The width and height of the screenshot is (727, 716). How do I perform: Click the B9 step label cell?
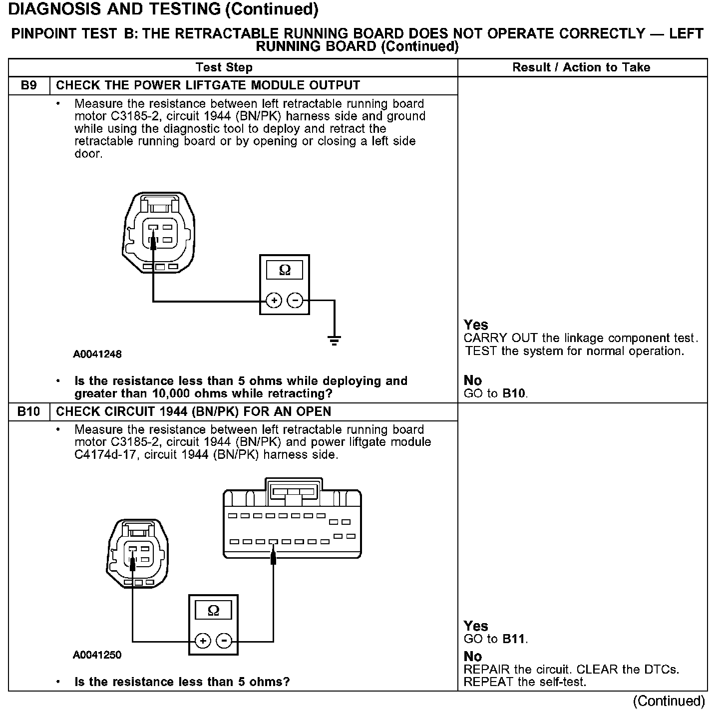tap(29, 85)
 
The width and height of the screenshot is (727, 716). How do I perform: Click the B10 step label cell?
tap(29, 411)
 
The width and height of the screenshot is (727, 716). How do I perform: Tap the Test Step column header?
tap(224, 67)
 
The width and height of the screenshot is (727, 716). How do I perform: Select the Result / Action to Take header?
tap(581, 67)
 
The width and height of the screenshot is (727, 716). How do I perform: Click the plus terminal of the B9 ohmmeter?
tap(274, 301)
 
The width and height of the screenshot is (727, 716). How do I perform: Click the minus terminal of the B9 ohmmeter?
tap(295, 301)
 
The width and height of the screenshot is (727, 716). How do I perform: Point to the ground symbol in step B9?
tap(334, 341)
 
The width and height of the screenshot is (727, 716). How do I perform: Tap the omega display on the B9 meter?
tap(285, 270)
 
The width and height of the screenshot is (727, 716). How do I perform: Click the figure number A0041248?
tap(97, 354)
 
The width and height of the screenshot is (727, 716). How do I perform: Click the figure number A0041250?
tap(97, 655)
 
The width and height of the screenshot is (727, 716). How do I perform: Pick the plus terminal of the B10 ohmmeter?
tap(203, 641)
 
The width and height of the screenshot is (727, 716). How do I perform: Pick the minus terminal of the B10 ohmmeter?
tap(224, 641)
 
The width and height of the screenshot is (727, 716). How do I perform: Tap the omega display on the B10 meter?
tap(213, 610)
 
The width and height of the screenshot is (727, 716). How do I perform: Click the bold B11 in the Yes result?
tap(514, 639)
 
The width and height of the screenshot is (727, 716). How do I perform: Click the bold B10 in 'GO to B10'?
tap(514, 393)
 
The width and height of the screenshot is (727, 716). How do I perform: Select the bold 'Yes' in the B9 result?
tap(476, 325)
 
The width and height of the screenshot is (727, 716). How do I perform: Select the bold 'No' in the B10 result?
tap(473, 656)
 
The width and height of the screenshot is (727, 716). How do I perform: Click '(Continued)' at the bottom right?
tap(669, 701)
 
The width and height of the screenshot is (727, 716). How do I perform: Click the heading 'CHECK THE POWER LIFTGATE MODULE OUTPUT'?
tap(208, 85)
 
